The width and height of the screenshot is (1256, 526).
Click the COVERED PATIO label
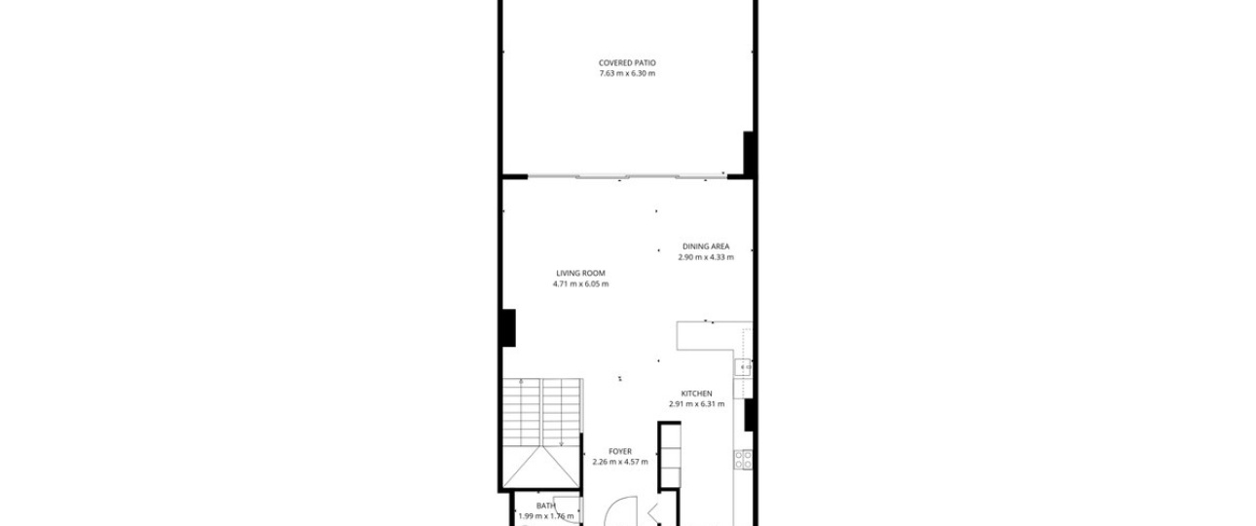627,62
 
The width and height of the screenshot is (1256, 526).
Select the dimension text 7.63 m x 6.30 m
627,73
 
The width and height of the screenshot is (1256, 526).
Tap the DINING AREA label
706,246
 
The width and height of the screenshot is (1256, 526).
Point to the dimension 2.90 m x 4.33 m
706,257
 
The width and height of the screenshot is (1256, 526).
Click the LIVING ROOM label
580,273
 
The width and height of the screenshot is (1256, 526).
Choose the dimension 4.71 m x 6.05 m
580,283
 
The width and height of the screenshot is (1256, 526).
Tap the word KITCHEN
696,394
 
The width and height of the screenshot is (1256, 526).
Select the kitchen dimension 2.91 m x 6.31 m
696,403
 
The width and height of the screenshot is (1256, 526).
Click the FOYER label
620,451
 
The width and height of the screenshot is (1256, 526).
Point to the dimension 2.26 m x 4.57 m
620,462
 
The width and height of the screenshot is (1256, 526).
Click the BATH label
545,506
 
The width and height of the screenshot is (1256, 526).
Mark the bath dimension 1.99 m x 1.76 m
546,516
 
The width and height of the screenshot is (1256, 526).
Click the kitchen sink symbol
744,367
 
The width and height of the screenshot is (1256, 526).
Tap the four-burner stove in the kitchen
744,460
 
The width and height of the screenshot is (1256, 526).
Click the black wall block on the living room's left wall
508,327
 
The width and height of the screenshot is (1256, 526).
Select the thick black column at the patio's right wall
749,153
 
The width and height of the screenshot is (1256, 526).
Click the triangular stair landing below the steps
541,467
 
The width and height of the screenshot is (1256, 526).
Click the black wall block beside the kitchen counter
749,415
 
